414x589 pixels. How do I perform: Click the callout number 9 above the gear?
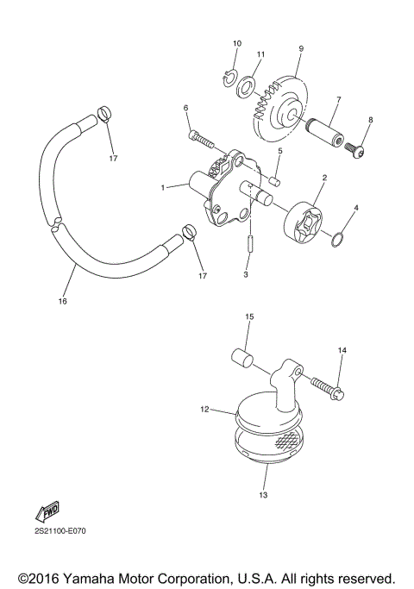tap(301, 48)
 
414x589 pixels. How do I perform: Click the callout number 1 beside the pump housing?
tap(162, 186)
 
